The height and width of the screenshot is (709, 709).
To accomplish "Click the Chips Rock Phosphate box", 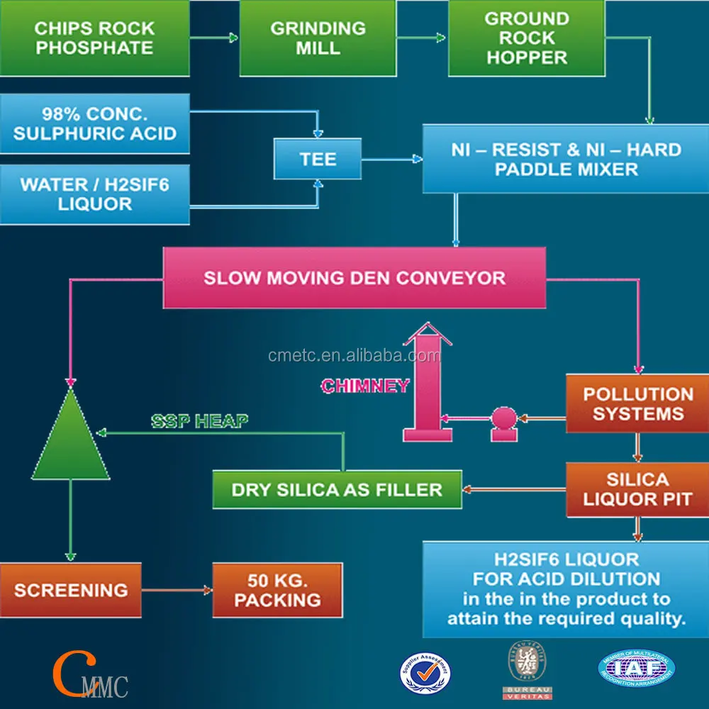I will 95,38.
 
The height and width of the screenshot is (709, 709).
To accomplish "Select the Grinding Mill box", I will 318,38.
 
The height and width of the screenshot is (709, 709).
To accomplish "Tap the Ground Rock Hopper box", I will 526,38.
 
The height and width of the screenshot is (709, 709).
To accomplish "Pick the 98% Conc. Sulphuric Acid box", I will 95,123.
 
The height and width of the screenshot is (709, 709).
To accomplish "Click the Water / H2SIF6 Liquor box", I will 95,194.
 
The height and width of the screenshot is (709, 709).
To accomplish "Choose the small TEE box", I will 318,159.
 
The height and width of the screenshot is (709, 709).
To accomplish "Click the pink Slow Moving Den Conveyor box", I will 354,277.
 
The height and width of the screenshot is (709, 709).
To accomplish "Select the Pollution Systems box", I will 637,404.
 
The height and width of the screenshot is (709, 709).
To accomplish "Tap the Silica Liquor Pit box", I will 637,490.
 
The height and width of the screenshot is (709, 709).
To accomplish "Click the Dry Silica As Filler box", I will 337,490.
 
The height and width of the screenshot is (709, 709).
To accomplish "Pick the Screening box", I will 70,590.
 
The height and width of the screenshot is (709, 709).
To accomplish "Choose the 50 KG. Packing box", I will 277,590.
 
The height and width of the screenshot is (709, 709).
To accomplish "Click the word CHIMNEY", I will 365,386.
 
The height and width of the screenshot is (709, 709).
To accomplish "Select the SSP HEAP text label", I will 199,421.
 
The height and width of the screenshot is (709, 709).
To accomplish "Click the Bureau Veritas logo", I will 527,669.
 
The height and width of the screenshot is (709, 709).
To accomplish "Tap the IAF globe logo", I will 636,667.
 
